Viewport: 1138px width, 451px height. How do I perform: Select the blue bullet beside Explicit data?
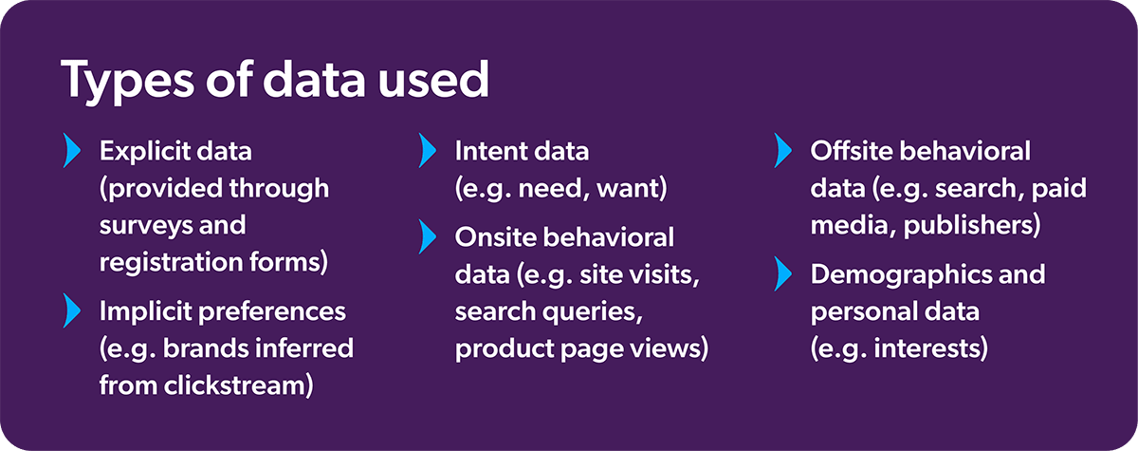tap(69, 150)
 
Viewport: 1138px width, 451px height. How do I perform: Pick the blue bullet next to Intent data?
tap(426, 150)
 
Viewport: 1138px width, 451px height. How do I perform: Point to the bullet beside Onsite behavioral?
tap(426, 236)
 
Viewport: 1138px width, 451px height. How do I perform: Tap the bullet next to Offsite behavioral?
tap(781, 150)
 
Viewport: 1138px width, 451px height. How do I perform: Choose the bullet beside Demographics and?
tap(781, 274)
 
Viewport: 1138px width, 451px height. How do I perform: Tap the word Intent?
tap(486, 151)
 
